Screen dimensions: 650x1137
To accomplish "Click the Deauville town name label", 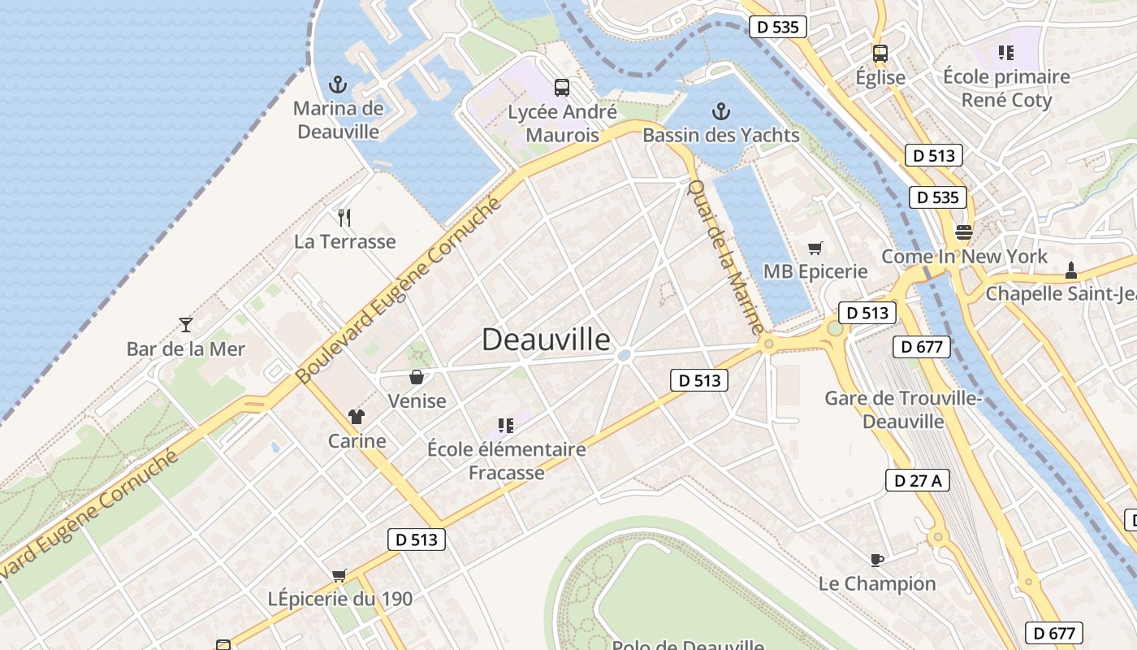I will point(546,339).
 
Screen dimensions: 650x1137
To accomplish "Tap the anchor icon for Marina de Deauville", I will point(337,84).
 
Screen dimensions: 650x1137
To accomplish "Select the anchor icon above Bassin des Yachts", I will point(720,111).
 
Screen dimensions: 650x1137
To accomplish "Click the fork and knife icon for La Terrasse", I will point(344,217).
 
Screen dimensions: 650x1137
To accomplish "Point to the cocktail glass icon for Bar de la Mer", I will point(186,325).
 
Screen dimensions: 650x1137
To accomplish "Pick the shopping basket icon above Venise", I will point(417,377).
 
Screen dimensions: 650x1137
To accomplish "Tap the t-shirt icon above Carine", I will point(357,417).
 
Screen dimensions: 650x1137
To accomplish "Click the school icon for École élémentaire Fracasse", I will point(506,425).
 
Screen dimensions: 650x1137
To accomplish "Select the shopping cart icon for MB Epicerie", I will point(815,248).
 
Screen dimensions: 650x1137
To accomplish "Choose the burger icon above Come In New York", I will point(963,232).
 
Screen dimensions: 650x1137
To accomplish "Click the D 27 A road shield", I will point(918,480).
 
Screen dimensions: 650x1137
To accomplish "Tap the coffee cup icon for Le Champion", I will point(876,559).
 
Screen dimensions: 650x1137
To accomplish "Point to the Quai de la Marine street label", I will point(725,256).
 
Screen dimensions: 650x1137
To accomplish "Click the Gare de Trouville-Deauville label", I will point(903,409).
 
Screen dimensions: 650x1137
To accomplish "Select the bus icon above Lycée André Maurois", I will point(561,88).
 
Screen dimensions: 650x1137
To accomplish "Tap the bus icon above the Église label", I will point(880,54).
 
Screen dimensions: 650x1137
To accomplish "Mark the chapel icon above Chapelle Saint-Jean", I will point(1070,270).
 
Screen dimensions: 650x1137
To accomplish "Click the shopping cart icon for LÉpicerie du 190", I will point(339,575).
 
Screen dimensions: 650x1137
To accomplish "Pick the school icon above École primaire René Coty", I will point(1006,53).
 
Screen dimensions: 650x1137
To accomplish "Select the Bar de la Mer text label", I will point(186,349).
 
